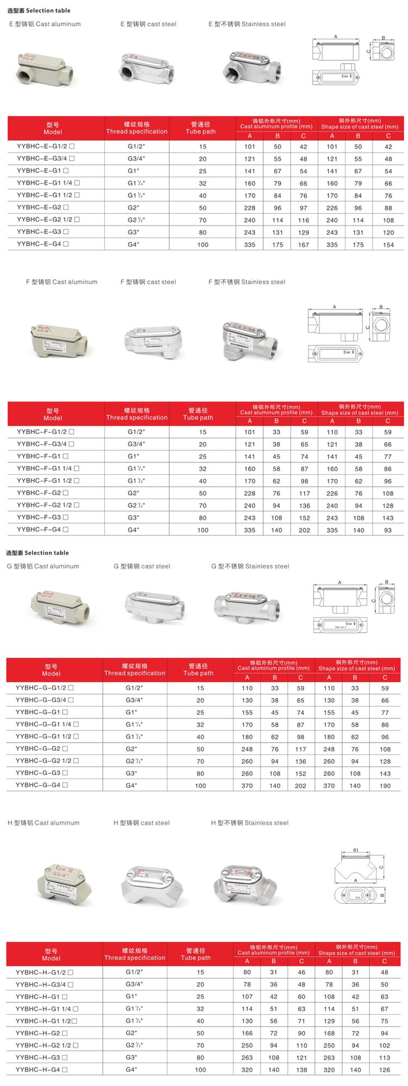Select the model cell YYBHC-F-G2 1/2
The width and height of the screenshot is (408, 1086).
coord(44,505)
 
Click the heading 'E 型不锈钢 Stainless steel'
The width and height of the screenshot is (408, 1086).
coord(247,24)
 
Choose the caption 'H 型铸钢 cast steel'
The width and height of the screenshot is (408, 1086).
coord(141,823)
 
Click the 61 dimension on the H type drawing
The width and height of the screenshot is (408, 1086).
coord(356,850)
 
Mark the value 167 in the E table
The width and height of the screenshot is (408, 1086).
coord(304,245)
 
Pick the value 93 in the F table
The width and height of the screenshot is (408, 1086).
coord(387,530)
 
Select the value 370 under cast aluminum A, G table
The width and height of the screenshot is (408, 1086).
coord(247,786)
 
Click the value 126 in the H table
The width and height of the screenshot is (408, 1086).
coord(385,1070)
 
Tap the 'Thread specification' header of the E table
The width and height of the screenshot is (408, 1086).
coord(137,128)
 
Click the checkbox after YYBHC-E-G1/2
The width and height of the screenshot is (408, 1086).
coord(72,146)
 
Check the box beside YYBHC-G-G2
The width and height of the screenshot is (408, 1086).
coord(65,749)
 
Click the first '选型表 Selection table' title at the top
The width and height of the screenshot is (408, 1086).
coord(39,10)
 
